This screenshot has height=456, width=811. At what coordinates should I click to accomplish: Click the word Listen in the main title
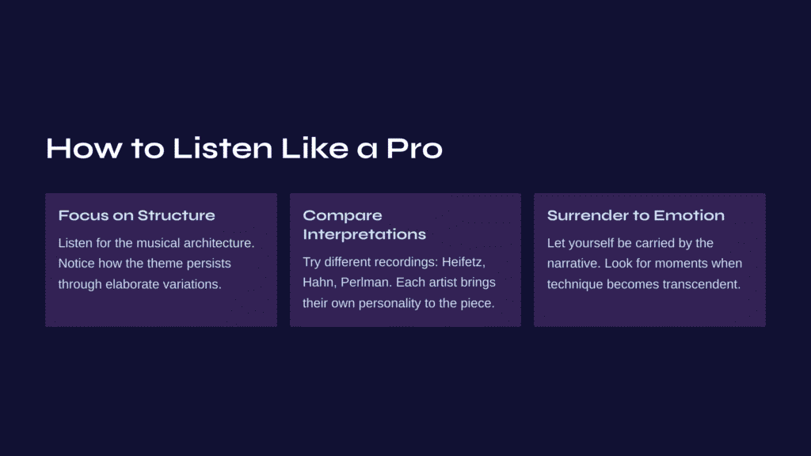coord(223,148)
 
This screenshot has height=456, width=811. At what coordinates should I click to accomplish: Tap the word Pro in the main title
coord(414,149)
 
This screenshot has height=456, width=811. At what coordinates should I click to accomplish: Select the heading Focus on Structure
coord(136,215)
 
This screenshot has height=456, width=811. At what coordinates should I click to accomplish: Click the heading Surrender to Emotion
coord(636,215)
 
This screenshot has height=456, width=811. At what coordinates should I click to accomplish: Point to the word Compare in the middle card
coord(342,216)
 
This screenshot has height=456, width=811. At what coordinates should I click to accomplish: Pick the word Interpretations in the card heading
coord(364,234)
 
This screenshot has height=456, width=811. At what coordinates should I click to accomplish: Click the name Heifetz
coord(463,262)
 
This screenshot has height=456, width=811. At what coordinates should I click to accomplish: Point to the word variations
coord(192,284)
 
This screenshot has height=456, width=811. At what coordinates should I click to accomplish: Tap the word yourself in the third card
coord(588,244)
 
